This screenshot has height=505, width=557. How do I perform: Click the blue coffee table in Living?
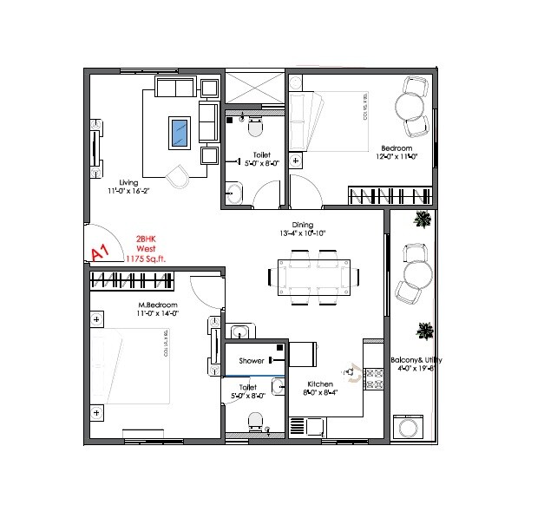point(180,133)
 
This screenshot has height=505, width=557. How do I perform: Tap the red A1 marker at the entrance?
point(99,252)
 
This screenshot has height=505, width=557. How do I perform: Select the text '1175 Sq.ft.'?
point(145,258)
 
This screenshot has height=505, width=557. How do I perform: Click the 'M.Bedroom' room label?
point(158,305)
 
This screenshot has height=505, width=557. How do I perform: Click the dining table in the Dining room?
point(313,276)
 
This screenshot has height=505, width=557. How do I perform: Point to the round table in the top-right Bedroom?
point(410,106)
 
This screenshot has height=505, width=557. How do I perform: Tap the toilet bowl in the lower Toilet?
point(254,421)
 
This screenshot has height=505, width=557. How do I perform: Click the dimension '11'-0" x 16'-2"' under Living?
point(129,191)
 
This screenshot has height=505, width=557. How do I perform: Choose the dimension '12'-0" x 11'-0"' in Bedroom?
point(396,156)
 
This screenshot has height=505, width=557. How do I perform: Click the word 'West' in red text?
point(145,247)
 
